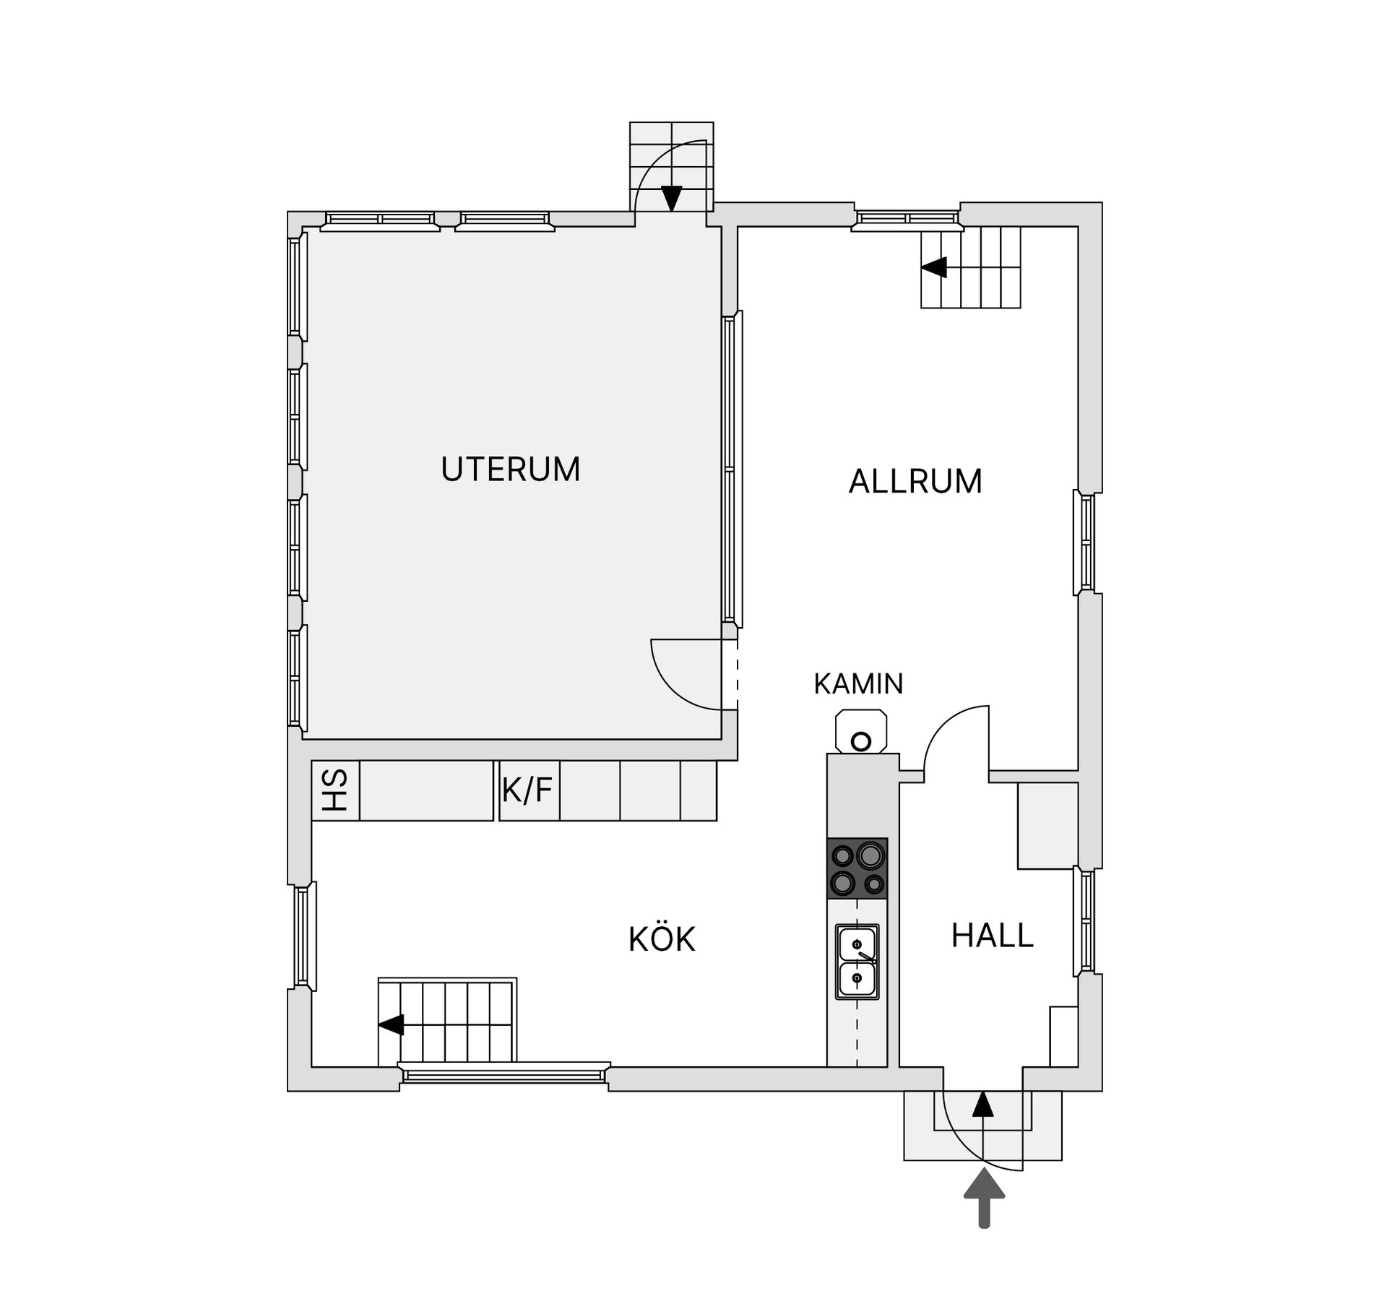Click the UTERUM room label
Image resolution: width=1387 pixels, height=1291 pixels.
pos(511,470)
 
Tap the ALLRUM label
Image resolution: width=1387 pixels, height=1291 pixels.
pos(915,481)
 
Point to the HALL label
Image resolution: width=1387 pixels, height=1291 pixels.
pos(992,936)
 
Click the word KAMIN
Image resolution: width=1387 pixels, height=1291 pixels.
pos(858,684)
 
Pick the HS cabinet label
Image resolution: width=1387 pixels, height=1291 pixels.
pos(335,790)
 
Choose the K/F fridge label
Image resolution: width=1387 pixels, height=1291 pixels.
pos(527,790)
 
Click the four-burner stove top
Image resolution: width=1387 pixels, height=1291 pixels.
pos(857,868)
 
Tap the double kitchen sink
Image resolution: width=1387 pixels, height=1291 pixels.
pos(857,962)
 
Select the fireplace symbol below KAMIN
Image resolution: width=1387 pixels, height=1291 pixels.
pos(860,732)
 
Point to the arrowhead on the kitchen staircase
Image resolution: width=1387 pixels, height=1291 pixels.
pos(391,1024)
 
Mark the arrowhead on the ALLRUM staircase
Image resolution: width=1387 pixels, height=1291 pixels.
pos(934,267)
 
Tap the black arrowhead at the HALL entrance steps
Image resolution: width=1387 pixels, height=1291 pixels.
pos(982,1105)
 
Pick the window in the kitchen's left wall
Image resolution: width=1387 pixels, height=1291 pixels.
pos(303,936)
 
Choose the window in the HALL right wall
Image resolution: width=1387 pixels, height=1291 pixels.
pos(1086,920)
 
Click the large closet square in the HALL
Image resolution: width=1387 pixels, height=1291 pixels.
pos(1048,825)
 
